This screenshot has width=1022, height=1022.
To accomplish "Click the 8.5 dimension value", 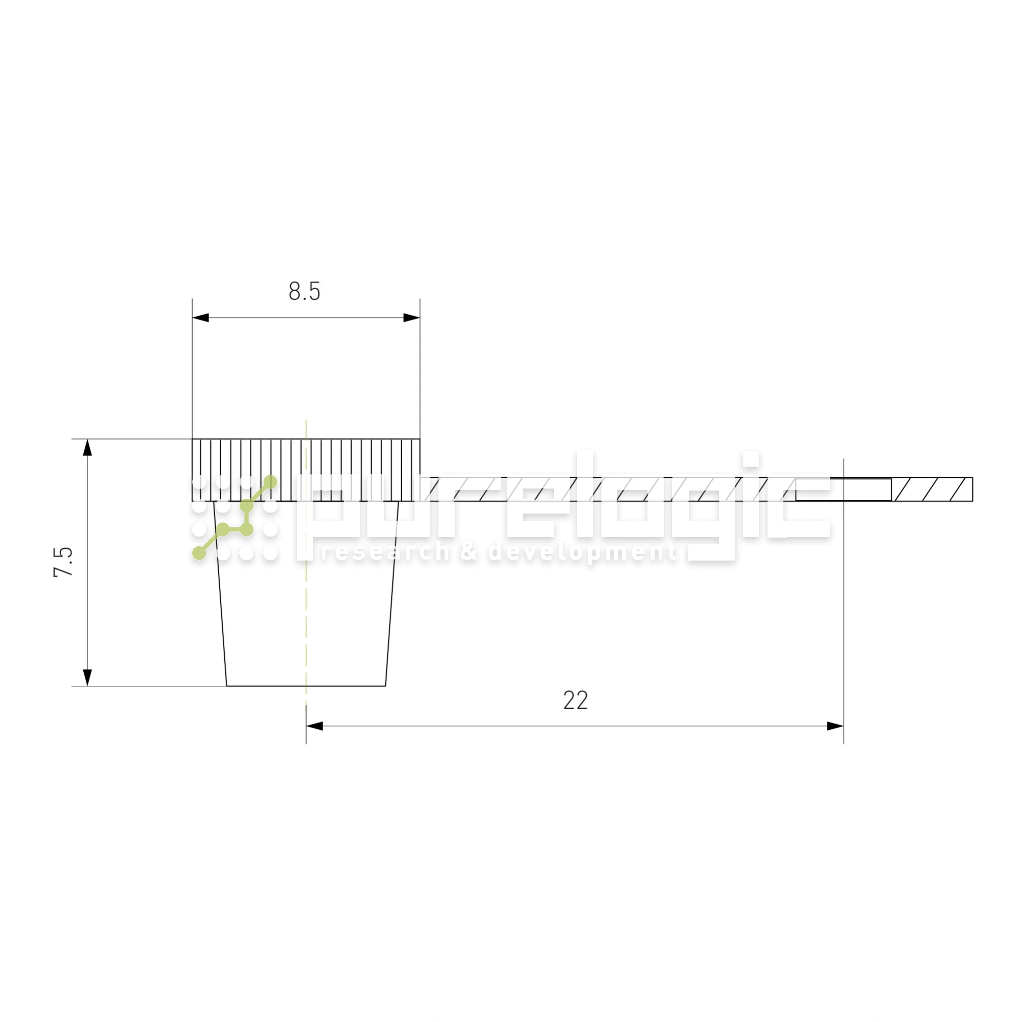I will [304, 291].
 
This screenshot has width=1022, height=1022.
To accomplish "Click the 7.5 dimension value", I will [63, 562].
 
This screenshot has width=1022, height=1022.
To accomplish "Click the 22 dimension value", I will [575, 701].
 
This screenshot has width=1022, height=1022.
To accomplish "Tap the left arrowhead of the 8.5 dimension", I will [200, 317].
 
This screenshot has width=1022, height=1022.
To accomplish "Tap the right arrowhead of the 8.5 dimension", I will [411, 317].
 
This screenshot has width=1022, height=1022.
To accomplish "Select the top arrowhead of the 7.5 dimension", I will [88, 448].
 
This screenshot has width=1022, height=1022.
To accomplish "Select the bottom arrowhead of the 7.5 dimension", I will [88, 678].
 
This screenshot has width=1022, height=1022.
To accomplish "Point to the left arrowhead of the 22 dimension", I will [314, 726].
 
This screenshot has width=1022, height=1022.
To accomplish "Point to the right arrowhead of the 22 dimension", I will [835, 726].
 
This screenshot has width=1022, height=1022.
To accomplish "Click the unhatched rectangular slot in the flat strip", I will [843, 490].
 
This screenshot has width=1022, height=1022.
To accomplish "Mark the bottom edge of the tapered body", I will [306, 686].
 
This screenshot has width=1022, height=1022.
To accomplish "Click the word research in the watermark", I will [385, 552].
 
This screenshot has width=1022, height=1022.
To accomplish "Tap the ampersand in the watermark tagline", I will [469, 552].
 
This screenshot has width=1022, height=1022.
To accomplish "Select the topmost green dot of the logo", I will [270, 481].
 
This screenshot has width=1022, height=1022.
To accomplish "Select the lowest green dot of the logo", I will [199, 553].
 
